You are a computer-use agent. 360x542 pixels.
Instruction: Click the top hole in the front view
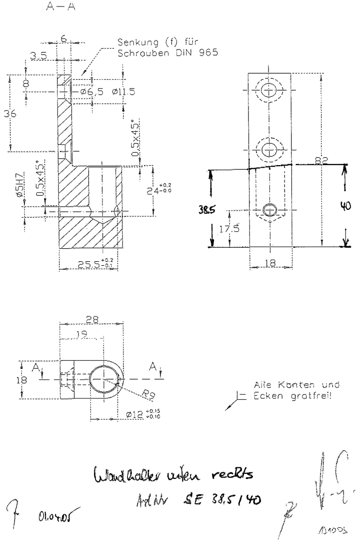click(x=269, y=91)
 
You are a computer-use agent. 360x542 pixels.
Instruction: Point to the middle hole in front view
click(x=269, y=148)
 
